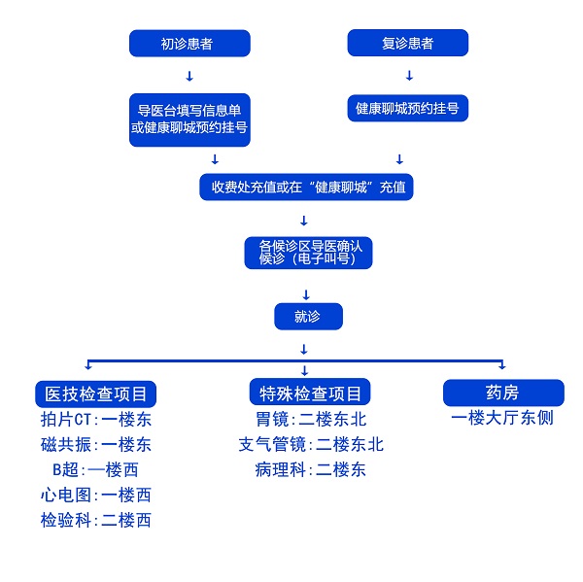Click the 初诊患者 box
pos(189,44)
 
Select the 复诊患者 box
pos(408,44)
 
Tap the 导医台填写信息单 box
pos(189,120)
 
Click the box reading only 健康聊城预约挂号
pos(408,108)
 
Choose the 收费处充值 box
pos(306,187)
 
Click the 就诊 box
pos(307,316)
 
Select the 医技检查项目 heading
pos(95,394)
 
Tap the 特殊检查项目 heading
pos(310,394)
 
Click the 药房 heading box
pos(502,393)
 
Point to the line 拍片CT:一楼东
pos(96,420)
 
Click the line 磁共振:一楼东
pos(96,445)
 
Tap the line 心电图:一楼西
pos(96,496)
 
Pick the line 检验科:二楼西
pos(96,521)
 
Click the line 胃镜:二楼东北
pos(311,420)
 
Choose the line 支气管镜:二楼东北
pos(311,445)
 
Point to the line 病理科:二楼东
pos(311,470)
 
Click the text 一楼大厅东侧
pos(502,419)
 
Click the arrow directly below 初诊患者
pos(189,76)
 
